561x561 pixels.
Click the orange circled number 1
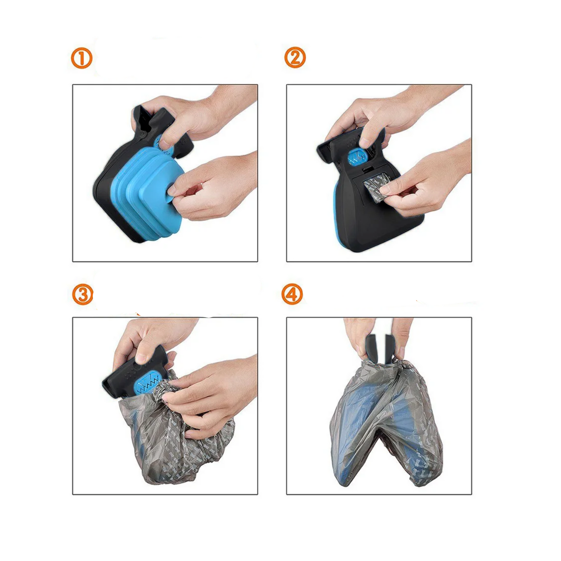(x=82, y=58)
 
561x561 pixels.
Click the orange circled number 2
(x=295, y=57)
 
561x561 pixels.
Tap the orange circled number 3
(x=83, y=294)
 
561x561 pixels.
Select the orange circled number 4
(x=292, y=294)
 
